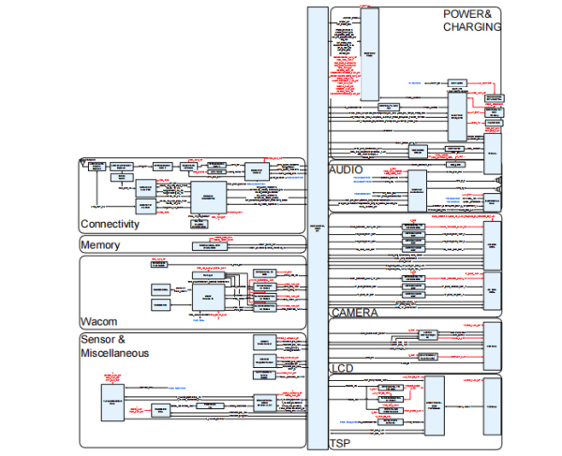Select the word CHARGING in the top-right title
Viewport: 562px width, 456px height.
pos(472,27)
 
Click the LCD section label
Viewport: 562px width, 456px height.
pos(342,369)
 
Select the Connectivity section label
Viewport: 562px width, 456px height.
pos(110,225)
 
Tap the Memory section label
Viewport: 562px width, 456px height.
pos(100,244)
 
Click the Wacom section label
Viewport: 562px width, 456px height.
pos(98,321)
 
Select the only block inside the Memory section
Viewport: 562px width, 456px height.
pos(210,245)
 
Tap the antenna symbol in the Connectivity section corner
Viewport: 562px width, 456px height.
pos(85,161)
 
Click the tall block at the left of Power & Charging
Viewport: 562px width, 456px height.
pos(368,55)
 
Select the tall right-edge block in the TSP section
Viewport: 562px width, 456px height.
pos(492,406)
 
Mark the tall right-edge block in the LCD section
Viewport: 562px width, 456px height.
pos(492,346)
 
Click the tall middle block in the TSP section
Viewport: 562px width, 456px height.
pos(434,405)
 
